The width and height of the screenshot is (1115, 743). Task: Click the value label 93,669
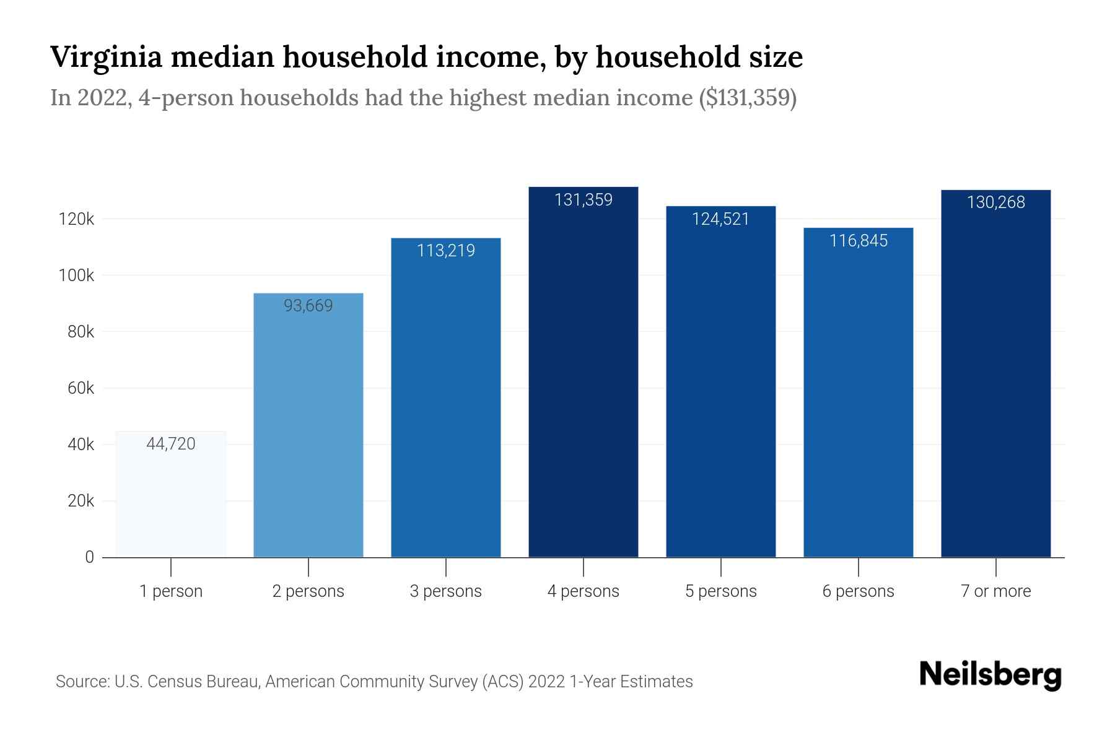pyautogui.click(x=308, y=306)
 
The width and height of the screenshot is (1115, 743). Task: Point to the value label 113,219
pyautogui.click(x=446, y=251)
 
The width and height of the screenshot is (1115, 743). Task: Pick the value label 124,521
pyautogui.click(x=720, y=219)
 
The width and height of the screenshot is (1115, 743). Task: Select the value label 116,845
pyautogui.click(x=858, y=241)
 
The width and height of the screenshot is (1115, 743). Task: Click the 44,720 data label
pyautogui.click(x=171, y=444)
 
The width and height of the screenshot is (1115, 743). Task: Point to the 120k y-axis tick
pyautogui.click(x=76, y=219)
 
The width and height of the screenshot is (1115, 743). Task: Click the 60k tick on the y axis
pyautogui.click(x=81, y=388)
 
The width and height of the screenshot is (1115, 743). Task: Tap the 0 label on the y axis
pyautogui.click(x=89, y=557)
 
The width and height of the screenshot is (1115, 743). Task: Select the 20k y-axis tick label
pyautogui.click(x=81, y=501)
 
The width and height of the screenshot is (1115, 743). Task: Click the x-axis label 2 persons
pyautogui.click(x=308, y=591)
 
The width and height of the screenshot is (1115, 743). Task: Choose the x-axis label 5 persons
pyautogui.click(x=720, y=591)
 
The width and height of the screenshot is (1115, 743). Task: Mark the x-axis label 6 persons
pyautogui.click(x=858, y=591)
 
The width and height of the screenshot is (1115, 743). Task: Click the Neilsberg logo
pyautogui.click(x=990, y=675)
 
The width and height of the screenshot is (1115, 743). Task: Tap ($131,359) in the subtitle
pyautogui.click(x=747, y=98)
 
